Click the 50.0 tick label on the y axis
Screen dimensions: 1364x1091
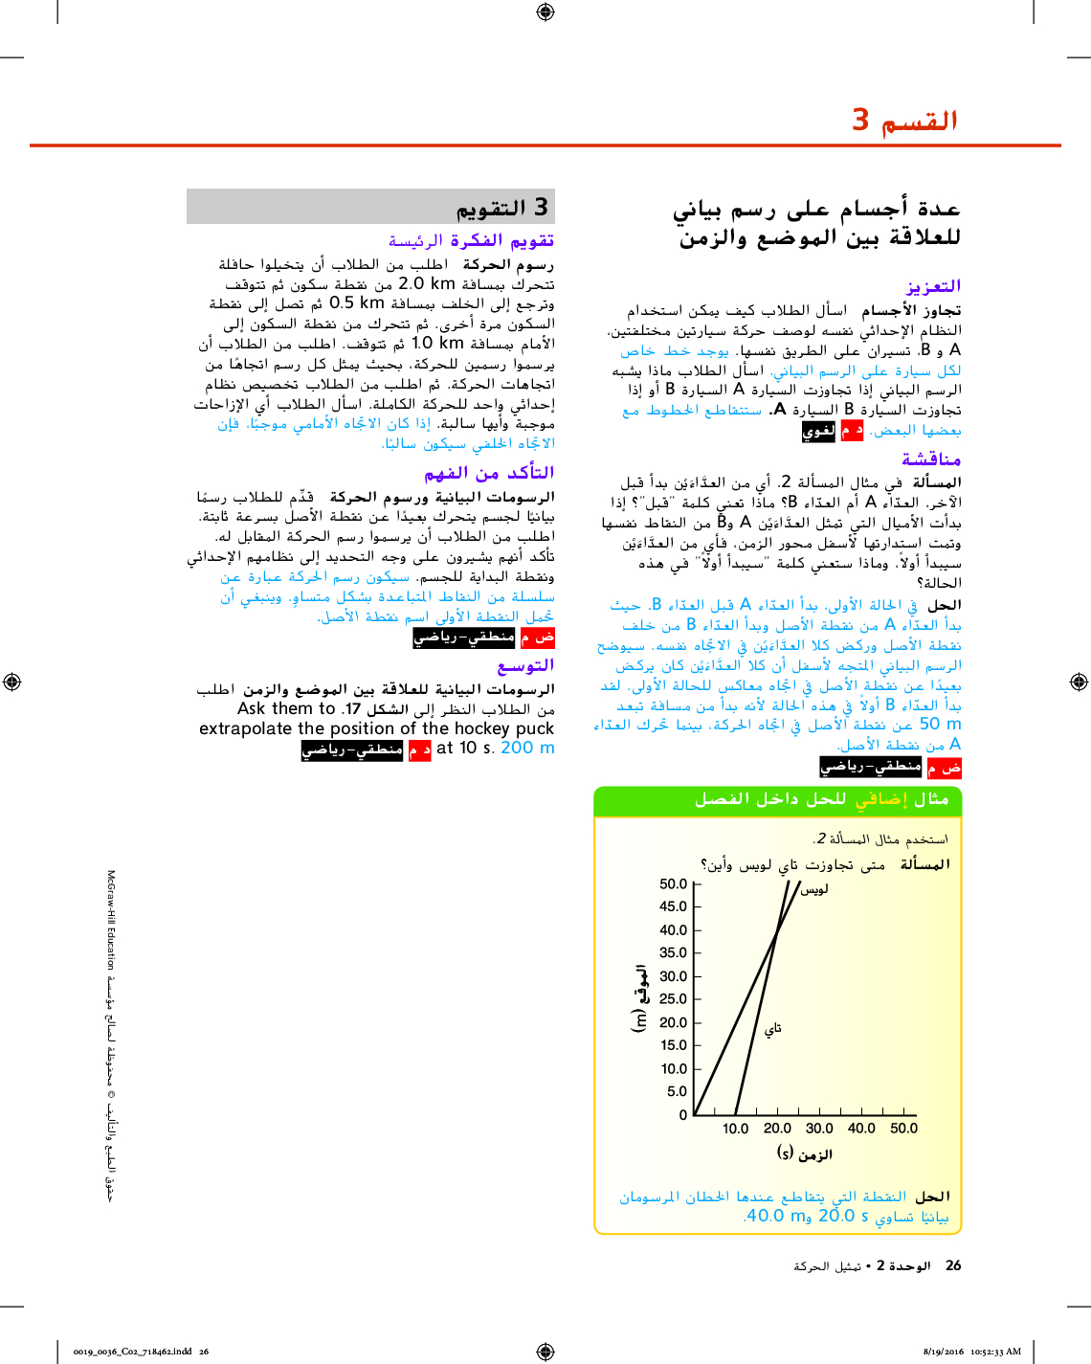pyautogui.click(x=673, y=883)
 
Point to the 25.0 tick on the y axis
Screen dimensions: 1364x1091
pyautogui.click(x=673, y=999)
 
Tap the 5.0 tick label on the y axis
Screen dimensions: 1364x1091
pyautogui.click(x=677, y=1091)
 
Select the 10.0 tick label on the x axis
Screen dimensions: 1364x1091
pyautogui.click(x=735, y=1129)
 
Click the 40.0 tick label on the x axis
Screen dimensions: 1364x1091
pyautogui.click(x=861, y=1129)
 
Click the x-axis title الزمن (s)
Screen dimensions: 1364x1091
pyautogui.click(x=804, y=1153)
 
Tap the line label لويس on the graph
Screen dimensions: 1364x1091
pyautogui.click(x=814, y=889)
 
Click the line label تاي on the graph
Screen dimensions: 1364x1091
pyautogui.click(x=773, y=1028)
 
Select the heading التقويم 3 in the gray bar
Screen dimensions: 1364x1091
pyautogui.click(x=501, y=208)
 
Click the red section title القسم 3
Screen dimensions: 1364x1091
pyautogui.click(x=904, y=121)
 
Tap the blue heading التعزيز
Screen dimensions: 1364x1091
pyautogui.click(x=933, y=286)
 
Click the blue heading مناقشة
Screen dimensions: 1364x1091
pyautogui.click(x=930, y=459)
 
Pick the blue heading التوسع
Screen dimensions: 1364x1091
pyautogui.click(x=525, y=665)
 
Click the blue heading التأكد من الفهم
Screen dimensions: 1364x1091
pyautogui.click(x=489, y=473)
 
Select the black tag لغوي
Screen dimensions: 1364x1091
pyautogui.click(x=818, y=432)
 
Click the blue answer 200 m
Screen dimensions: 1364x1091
pyautogui.click(x=527, y=749)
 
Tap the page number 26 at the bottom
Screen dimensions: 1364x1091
pyautogui.click(x=953, y=1265)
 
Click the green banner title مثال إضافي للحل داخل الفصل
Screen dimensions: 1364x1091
pyautogui.click(x=821, y=799)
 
